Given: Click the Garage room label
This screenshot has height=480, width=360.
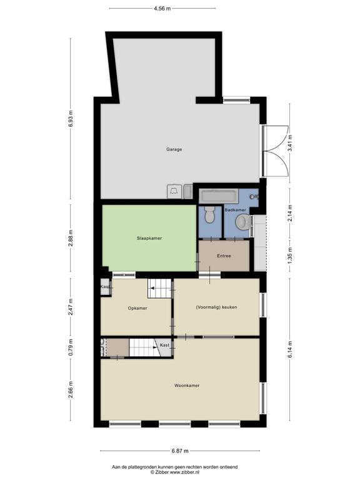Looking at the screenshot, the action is tap(174, 149).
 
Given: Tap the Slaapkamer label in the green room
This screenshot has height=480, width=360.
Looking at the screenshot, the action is tap(149, 238).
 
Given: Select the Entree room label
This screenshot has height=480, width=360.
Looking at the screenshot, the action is tap(224, 256).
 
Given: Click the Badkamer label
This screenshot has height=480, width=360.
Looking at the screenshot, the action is tap(235, 210).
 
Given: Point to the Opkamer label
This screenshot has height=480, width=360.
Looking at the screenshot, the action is tap(137, 308).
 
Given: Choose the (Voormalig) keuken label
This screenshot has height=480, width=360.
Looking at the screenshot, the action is tap(216, 307).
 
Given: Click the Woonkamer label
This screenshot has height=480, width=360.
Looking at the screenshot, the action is tap(187, 386).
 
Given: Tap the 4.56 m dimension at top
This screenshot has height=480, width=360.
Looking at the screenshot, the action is tap(162, 9).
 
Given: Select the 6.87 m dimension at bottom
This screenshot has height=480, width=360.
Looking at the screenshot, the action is tap(180, 451).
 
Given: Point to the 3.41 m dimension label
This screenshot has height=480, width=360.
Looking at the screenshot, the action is tap(290, 143).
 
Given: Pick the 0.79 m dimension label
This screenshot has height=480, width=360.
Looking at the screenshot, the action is tap(71, 347).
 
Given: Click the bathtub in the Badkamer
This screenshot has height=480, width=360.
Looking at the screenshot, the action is tap(218, 196).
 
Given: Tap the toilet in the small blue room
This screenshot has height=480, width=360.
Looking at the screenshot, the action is tap(210, 214).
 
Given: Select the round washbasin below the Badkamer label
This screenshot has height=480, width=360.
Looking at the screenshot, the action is tap(242, 222).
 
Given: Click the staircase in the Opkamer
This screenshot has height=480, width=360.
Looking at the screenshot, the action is tap(159, 288).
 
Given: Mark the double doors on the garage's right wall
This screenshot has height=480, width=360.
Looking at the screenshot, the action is tap(276, 151).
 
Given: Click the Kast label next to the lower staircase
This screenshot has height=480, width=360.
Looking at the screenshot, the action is tap(164, 345).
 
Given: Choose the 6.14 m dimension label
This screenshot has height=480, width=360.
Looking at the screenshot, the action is tap(290, 349).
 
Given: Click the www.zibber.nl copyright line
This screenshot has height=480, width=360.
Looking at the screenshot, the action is tap(175, 472).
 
